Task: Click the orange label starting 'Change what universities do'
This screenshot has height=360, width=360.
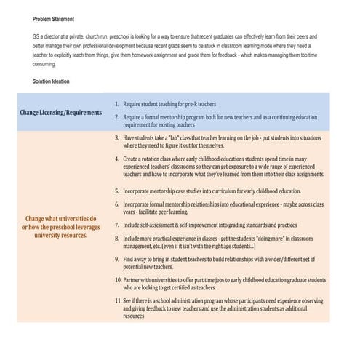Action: [x=61, y=226]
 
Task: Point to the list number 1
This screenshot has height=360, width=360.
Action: [x=117, y=105]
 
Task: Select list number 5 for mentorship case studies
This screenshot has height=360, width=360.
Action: [x=117, y=191]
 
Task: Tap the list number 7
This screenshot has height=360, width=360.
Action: [x=117, y=225]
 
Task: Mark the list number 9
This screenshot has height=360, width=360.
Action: [x=117, y=258]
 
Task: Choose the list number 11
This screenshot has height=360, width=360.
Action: [x=117, y=300]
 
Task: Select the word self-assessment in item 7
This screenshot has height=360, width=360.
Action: [x=170, y=225]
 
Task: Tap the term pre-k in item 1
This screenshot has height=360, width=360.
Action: [x=193, y=105]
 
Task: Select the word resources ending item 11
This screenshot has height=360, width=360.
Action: [x=134, y=316]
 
